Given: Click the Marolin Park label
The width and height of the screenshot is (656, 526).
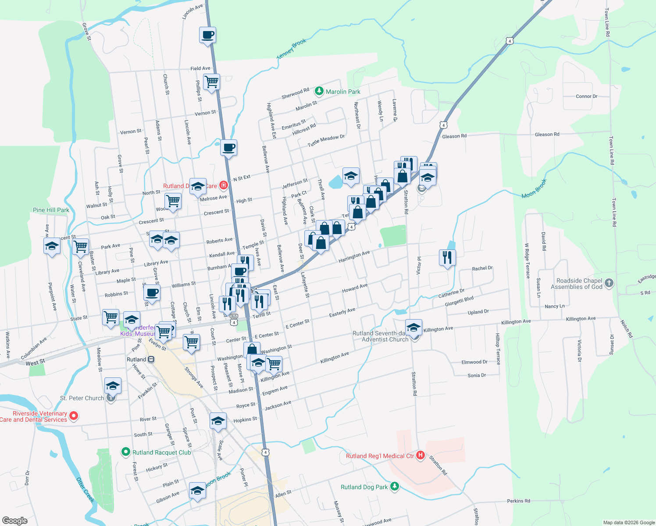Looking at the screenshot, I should point(343,92).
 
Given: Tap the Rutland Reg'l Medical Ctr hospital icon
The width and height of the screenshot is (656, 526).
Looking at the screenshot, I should point(421,455).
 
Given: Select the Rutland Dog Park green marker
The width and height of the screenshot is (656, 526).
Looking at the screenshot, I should point(395,487).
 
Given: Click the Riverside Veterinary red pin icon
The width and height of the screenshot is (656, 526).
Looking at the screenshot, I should point(74,416).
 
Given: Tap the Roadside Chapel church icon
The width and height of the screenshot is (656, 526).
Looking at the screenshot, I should point(609,283).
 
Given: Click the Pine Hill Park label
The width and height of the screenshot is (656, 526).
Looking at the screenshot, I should point(51,210).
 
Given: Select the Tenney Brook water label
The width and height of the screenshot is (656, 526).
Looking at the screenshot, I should point(292,49).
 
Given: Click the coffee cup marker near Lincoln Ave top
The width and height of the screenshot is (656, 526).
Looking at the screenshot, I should point(208,35).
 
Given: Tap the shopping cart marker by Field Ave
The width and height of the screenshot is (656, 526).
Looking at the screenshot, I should point(212,82).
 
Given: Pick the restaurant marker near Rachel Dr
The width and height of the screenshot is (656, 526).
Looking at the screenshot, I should point(447,257).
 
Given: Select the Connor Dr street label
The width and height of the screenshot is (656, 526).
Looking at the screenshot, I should point(586,96).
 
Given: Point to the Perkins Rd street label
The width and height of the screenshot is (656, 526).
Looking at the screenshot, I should point(518,501).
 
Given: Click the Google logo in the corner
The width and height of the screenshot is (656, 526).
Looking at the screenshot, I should point(14,521).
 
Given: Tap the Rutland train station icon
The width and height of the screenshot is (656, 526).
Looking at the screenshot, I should point(151,359).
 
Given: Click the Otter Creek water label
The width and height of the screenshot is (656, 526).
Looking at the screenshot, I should point(86,489).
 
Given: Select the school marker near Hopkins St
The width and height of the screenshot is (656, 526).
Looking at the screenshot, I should point(218,421).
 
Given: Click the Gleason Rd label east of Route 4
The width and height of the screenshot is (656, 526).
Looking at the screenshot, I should point(547,135).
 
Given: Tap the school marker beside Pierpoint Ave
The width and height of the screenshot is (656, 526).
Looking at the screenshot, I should point(52,246).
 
